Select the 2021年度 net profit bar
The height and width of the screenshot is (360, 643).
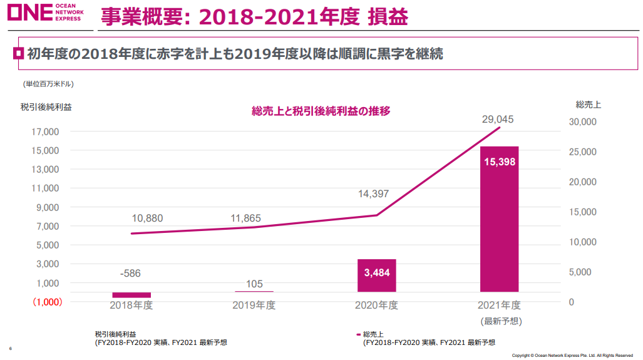499,219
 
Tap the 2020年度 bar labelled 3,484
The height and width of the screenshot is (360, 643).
376,275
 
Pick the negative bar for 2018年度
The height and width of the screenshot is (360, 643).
131,295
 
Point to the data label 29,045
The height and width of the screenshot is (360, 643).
498,118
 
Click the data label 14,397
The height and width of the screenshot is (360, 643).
373,194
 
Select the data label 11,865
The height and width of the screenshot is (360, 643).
245,219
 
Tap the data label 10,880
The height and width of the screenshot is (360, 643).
147,219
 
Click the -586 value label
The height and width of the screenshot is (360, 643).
131,273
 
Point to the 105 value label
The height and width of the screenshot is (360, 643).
254,284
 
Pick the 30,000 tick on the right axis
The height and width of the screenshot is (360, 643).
582,122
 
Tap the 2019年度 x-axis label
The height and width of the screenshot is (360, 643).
254,306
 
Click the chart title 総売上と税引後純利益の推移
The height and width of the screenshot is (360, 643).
321,111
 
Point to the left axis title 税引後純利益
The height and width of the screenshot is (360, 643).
46,106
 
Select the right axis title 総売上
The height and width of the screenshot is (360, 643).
588,105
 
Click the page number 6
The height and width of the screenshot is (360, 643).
10,348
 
